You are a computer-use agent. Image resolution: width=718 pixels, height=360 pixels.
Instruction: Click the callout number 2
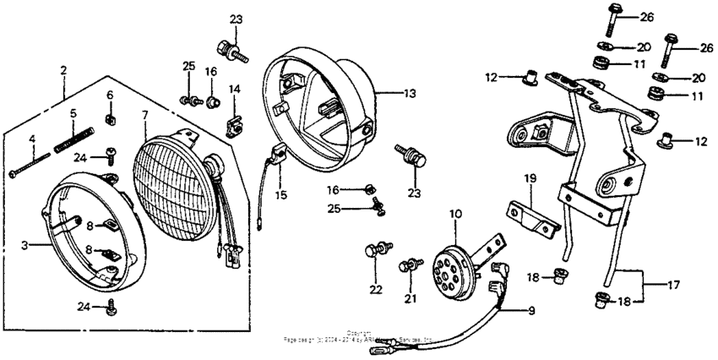click(63, 71)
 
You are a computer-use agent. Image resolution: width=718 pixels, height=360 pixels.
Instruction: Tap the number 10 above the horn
click(455, 215)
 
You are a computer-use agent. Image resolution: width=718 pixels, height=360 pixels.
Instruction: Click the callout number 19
click(530, 178)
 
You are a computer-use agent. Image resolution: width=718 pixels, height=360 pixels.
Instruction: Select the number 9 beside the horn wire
click(531, 311)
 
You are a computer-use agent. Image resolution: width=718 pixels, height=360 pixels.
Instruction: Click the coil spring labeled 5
click(72, 138)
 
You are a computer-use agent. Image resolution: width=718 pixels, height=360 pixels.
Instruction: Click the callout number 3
click(24, 244)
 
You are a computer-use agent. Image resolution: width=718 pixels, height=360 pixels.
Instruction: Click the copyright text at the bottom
click(359, 335)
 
